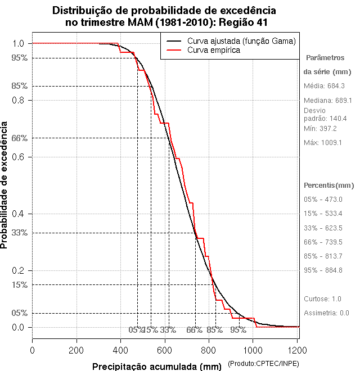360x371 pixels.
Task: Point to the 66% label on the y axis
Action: (x=20, y=138)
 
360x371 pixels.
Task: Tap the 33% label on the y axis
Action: (x=20, y=233)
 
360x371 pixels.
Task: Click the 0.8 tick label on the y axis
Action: (x=18, y=100)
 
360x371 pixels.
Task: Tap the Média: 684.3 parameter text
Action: (x=324, y=86)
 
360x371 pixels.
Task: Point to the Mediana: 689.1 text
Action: (x=328, y=100)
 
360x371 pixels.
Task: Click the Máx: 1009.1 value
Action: (x=323, y=143)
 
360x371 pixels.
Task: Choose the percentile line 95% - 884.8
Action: (x=323, y=270)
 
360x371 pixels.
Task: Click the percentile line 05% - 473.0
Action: (x=323, y=200)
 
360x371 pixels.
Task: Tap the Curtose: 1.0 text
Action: (x=323, y=298)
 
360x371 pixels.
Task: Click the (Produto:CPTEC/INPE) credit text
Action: (x=263, y=365)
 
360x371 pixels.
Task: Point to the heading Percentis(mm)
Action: (x=329, y=185)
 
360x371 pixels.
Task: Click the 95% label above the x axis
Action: (x=238, y=330)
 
